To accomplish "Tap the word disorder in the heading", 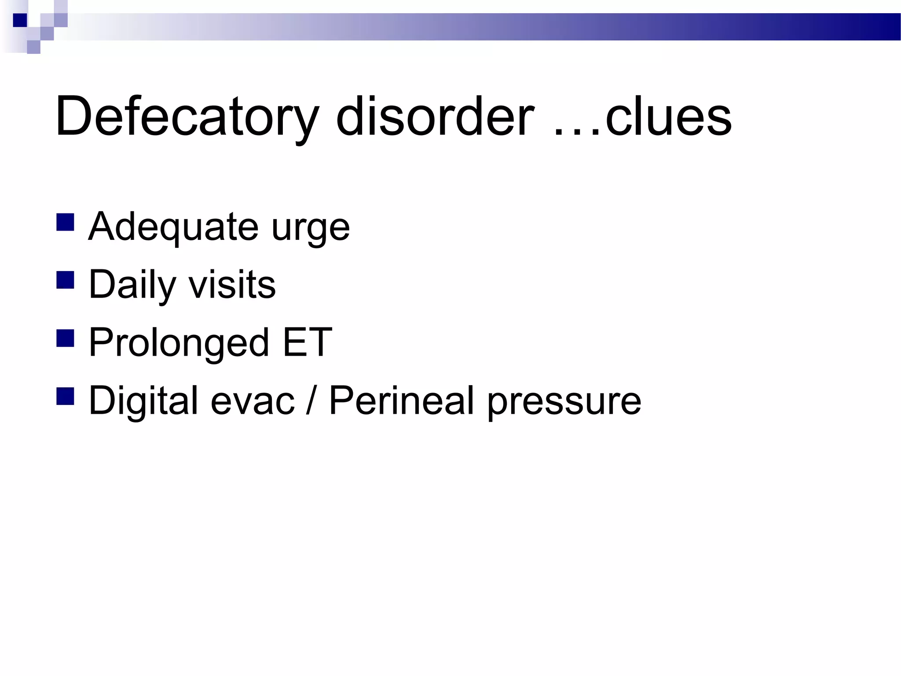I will (435, 117).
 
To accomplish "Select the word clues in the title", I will (668, 117).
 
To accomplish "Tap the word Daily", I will (132, 285).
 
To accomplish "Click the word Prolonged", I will (179, 343).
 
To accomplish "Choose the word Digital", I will (143, 401).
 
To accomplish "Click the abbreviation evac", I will (253, 401).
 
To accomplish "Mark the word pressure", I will (564, 402).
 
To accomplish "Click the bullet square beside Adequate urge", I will (65, 222).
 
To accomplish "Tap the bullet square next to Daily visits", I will (65, 280).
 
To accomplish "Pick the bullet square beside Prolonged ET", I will (65, 338).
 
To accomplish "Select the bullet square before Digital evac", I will (65, 396).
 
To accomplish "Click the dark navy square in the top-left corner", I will (20, 20).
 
